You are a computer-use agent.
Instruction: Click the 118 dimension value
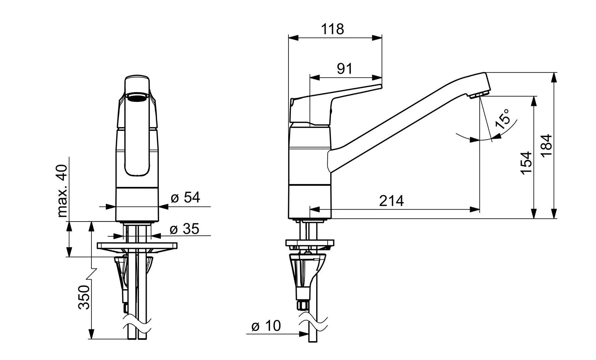tap(333, 29)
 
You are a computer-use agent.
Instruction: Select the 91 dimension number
tap(345, 69)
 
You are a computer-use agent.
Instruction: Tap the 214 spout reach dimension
tap(391, 201)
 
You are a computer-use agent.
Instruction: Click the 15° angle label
tap(503, 119)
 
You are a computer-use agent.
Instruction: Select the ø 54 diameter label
tap(185, 197)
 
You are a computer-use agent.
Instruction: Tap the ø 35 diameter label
tap(184, 229)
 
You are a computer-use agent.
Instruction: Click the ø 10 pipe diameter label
tap(266, 326)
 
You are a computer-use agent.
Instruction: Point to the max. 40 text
tap(63, 191)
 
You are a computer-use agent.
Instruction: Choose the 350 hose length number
tap(84, 297)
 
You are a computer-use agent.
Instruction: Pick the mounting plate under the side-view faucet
tap(310, 243)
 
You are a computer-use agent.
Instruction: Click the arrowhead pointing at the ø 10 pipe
tap(305, 334)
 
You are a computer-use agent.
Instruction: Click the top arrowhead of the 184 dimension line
tap(554, 77)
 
